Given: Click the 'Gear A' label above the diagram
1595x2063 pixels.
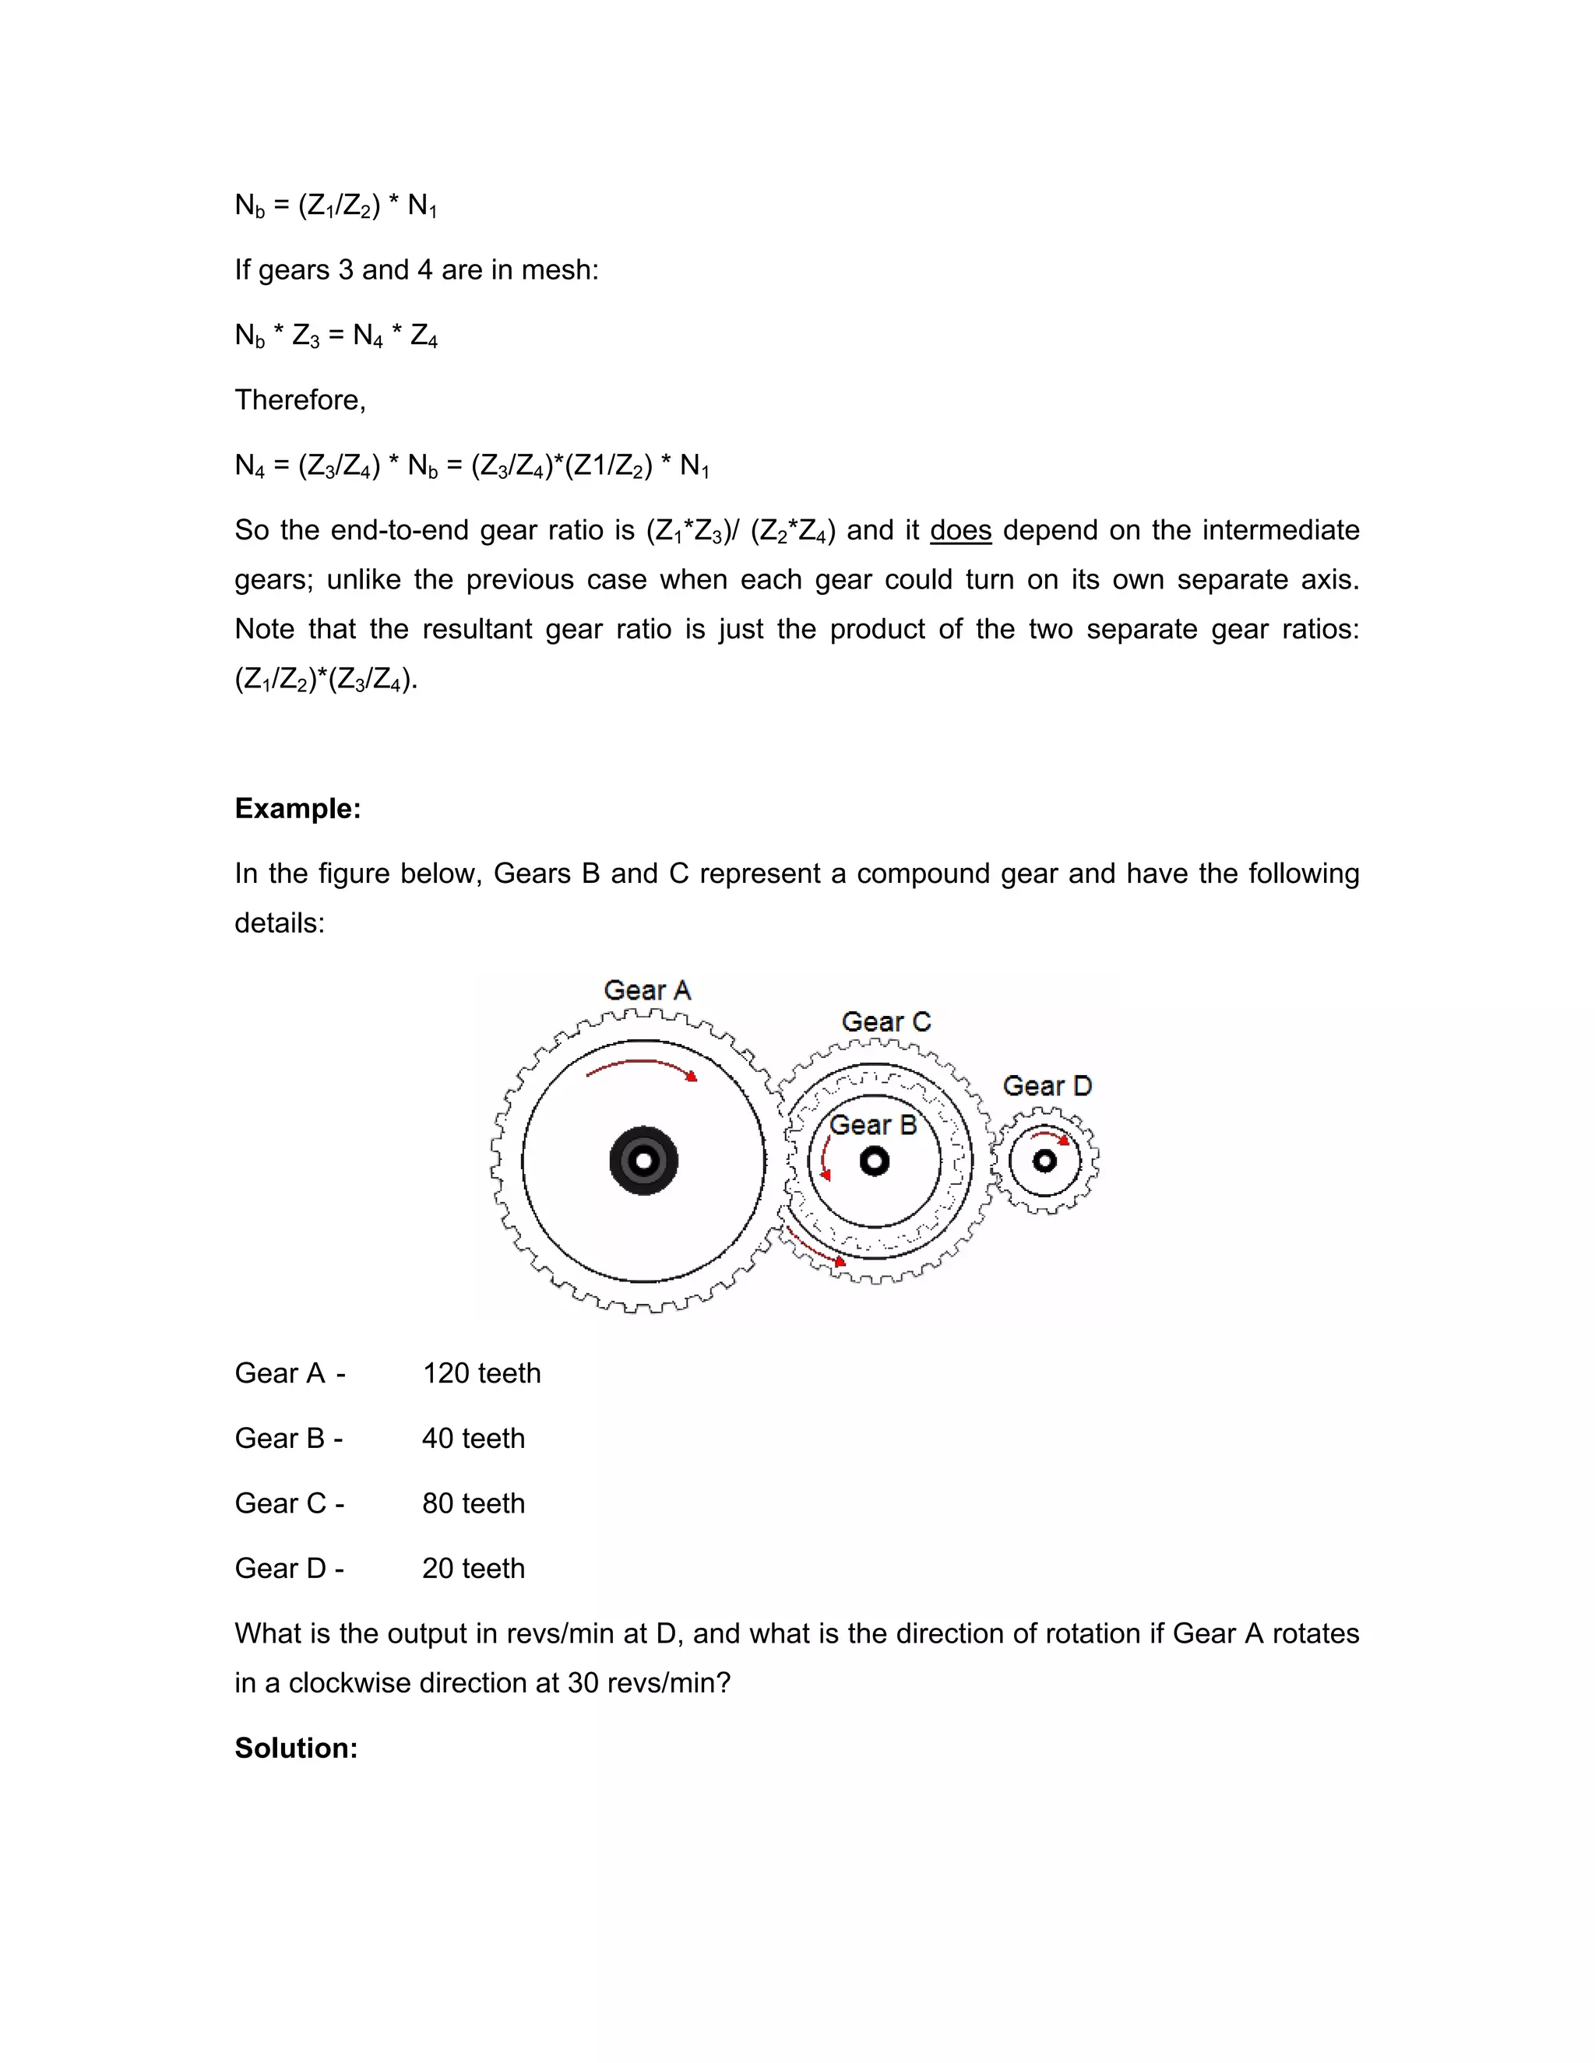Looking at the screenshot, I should point(647,990).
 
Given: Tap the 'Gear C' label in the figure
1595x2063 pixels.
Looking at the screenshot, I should point(886,1021).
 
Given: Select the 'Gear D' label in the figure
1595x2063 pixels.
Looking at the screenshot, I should point(1047,1085).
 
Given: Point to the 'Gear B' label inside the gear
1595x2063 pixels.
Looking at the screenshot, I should point(873,1124).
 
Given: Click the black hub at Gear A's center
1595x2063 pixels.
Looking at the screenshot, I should point(643,1160).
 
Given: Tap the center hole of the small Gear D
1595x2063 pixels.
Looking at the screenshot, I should point(1044,1161).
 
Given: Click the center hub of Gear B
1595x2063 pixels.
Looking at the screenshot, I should point(874,1161).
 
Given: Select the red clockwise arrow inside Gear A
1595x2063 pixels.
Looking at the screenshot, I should point(642,1067).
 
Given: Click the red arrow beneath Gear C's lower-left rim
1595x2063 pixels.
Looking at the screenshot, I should point(815,1247).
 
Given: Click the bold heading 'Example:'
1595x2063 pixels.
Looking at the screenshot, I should point(298,809).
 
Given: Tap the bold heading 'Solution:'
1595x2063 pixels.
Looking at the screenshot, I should point(296,1748).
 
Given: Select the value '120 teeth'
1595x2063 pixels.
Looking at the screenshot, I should point(481,1372).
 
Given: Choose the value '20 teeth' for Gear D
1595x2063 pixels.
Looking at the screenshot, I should point(473,1568).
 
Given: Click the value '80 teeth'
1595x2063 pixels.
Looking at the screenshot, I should point(473,1502).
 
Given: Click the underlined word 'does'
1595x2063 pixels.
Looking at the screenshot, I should point(960,530).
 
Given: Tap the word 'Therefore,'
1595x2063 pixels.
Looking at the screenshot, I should point(300,399).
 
